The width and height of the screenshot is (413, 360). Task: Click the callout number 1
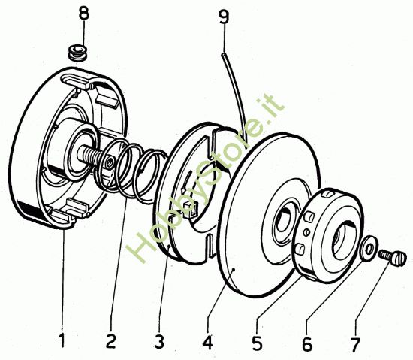[x=62, y=341]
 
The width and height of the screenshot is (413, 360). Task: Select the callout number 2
[x=110, y=341]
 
